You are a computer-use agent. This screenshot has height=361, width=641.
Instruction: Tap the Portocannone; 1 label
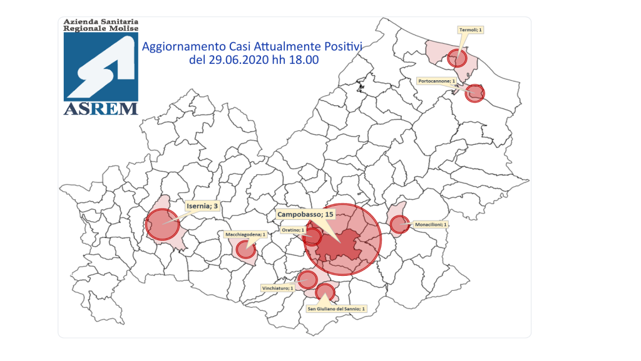point(436,81)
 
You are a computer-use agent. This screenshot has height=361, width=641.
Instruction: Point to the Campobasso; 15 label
point(306,214)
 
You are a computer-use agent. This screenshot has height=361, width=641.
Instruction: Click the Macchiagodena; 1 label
point(245,234)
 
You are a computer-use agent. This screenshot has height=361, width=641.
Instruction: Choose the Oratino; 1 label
point(292,230)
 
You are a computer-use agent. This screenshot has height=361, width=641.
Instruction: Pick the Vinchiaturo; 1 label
point(277,288)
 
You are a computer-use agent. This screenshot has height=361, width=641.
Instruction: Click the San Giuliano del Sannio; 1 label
point(336,308)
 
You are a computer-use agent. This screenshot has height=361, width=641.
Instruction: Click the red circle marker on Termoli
point(458,59)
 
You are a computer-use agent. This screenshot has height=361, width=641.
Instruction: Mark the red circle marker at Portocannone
point(476,93)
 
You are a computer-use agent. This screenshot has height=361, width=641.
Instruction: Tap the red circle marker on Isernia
point(162,224)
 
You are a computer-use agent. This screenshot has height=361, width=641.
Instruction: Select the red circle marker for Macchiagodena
point(245,249)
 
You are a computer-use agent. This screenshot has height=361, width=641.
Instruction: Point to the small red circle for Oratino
point(312,237)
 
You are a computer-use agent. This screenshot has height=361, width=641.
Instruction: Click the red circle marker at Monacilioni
point(399,224)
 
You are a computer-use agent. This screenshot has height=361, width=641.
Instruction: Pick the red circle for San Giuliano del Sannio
point(325,291)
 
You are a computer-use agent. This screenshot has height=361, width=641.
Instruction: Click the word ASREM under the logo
point(101,108)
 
